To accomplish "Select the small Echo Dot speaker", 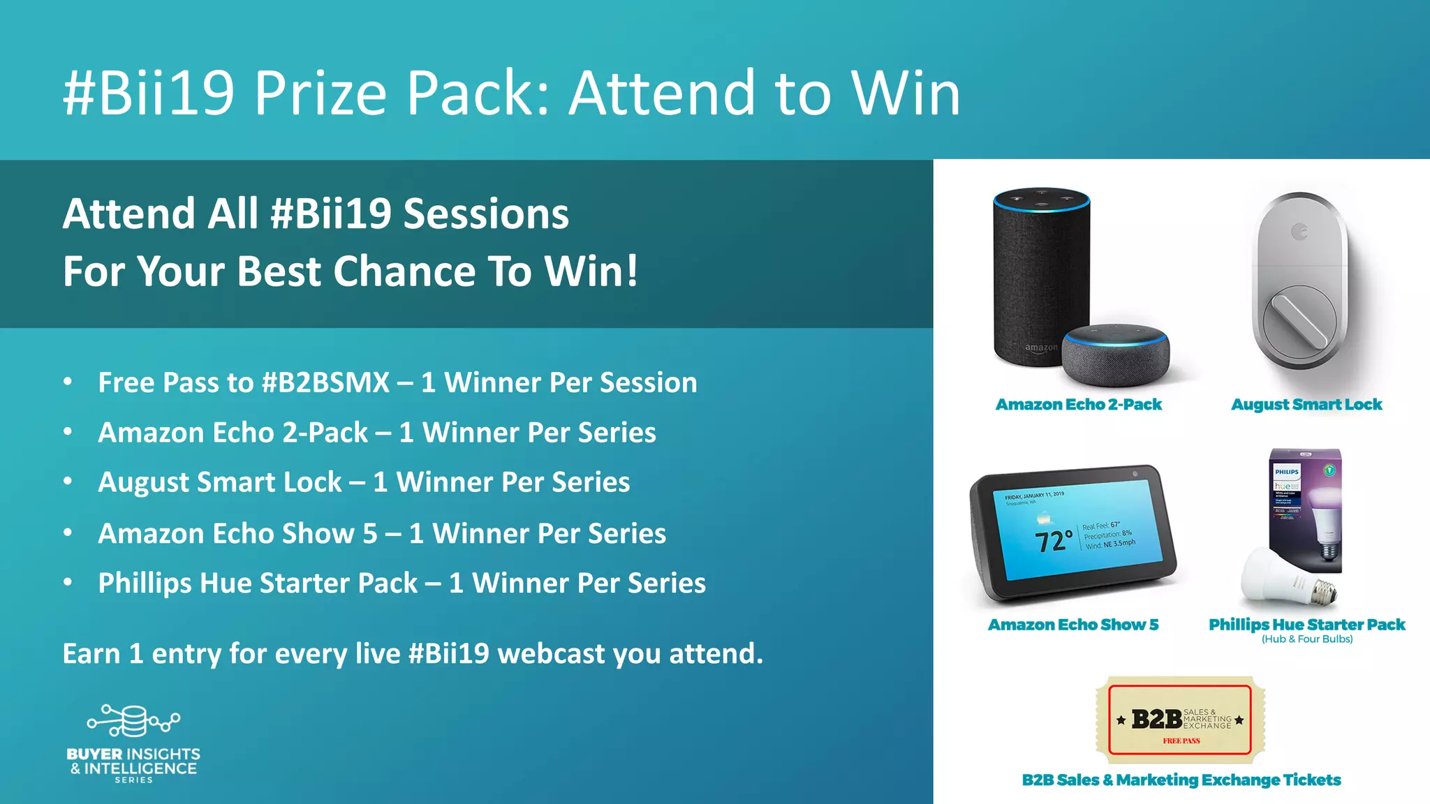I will [1115, 356].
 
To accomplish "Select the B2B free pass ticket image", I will [1180, 720].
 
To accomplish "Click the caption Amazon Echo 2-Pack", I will [1078, 405].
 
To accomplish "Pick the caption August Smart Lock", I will [1306, 405].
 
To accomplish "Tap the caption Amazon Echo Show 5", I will [1072, 625].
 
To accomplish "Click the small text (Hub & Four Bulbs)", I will [1306, 639].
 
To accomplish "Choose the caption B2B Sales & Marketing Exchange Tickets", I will [1181, 780].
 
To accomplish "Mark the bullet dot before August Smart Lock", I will [68, 482].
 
